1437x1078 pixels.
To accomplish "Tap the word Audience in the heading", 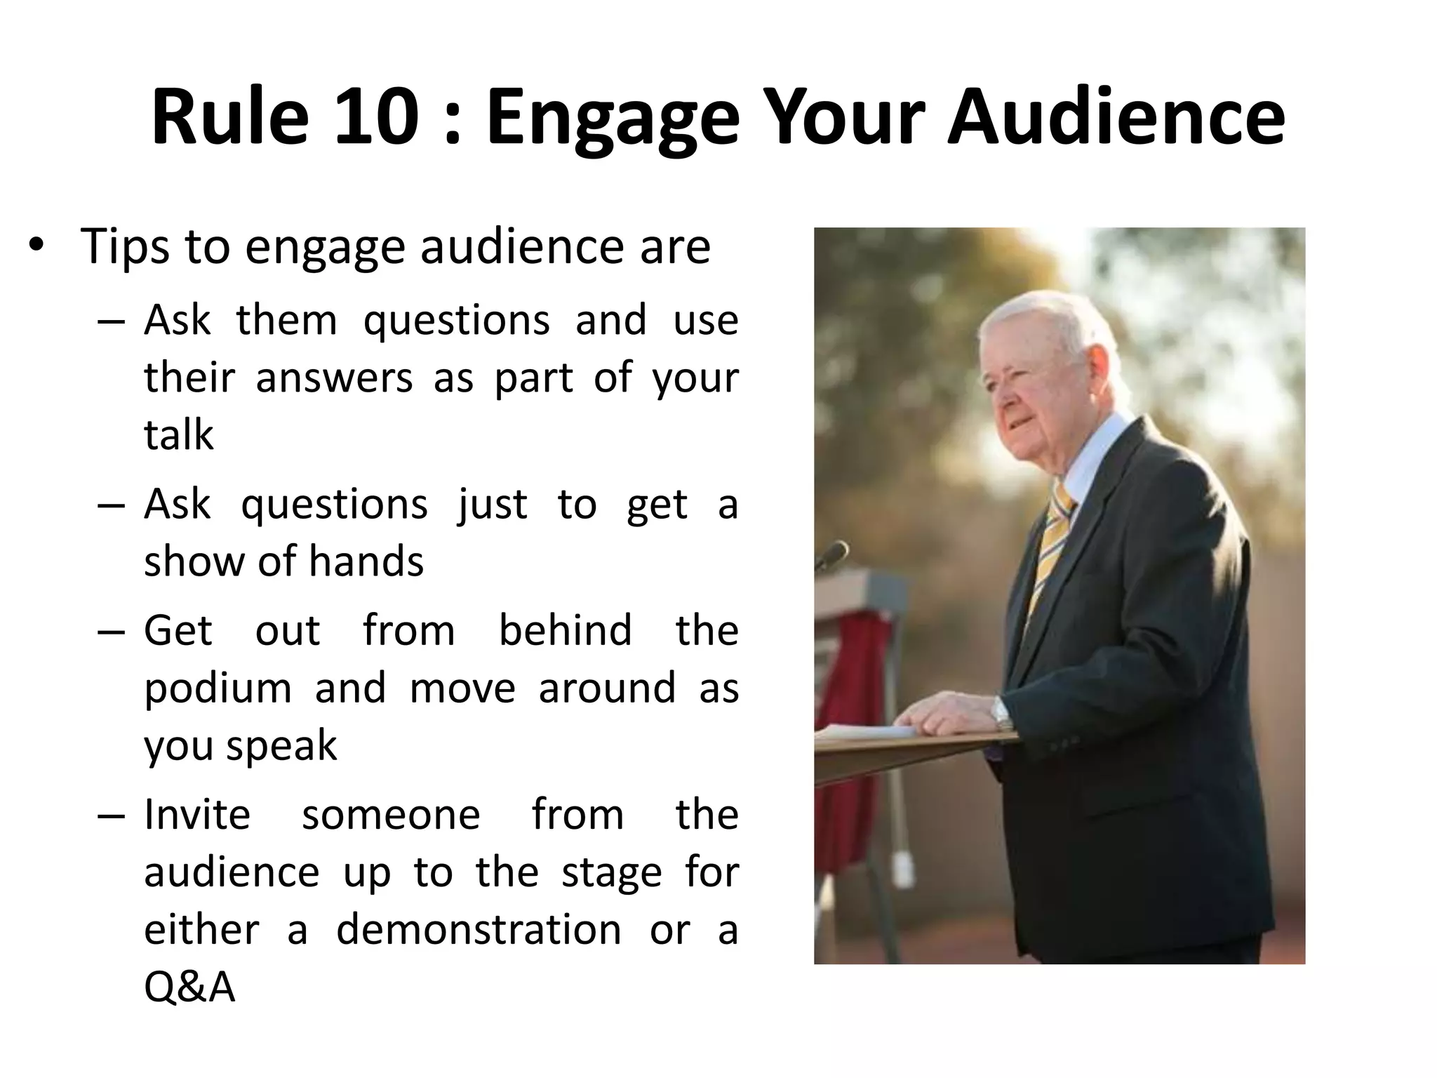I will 1116,116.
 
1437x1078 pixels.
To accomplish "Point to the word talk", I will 178,435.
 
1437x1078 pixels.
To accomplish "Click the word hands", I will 366,561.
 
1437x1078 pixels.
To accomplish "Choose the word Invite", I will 197,816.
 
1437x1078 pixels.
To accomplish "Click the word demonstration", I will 479,931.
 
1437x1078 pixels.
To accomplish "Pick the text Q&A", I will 189,988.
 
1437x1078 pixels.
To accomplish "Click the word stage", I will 612,874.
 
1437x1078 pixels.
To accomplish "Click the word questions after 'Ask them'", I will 456,321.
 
